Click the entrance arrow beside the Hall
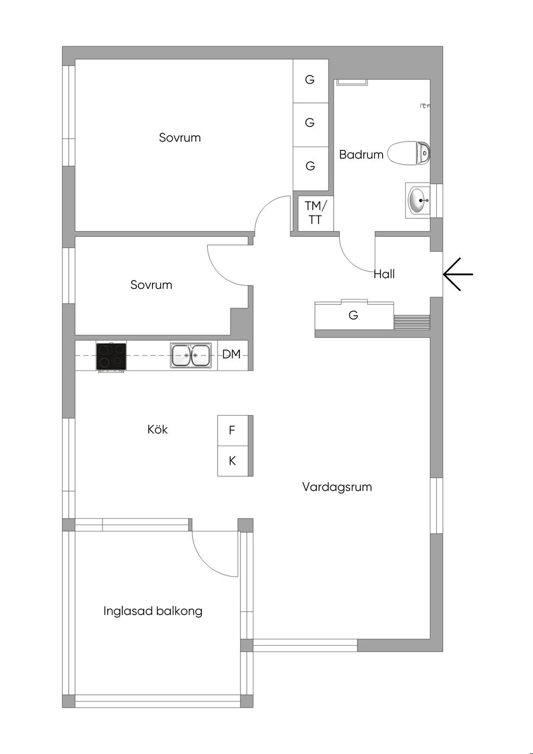point(458,274)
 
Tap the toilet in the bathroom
point(409,154)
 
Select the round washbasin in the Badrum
point(418,200)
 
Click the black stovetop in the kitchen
point(111,356)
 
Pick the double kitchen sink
point(191,355)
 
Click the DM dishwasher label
point(232,354)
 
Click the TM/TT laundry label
point(315,212)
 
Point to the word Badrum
point(361,155)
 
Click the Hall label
point(384,274)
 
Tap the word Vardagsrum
point(337,487)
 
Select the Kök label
point(158,429)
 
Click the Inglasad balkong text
point(153,611)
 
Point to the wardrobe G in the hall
point(353,315)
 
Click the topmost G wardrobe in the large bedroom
point(310,80)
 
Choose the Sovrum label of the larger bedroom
point(180,137)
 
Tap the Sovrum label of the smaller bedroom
point(151,285)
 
